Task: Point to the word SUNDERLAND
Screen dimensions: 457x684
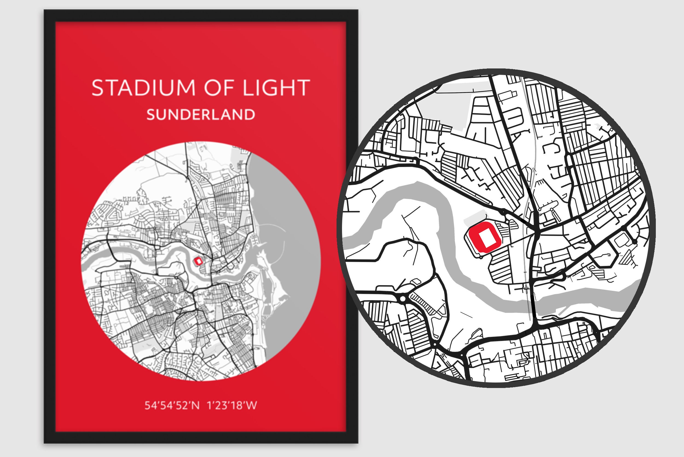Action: click(201, 114)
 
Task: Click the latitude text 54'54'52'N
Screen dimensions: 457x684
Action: click(172, 406)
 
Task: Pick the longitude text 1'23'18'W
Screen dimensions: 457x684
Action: click(232, 406)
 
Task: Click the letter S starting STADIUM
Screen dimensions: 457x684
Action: click(98, 87)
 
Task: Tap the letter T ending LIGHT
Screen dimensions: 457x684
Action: click(304, 87)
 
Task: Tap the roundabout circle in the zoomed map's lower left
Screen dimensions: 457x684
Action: click(403, 299)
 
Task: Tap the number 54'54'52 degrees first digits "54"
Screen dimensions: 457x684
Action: click(150, 406)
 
